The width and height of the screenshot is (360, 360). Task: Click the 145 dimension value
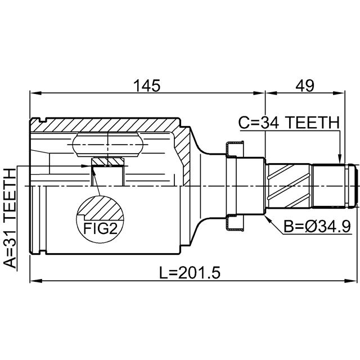(x=147, y=85)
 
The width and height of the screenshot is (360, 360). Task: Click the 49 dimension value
(x=304, y=85)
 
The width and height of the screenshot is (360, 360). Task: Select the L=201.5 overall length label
(x=190, y=272)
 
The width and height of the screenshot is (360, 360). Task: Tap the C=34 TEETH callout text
(x=289, y=123)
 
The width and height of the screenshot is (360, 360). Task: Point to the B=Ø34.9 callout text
(x=317, y=226)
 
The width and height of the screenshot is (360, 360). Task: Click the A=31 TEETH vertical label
(x=10, y=218)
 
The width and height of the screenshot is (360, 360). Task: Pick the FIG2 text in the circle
(x=100, y=228)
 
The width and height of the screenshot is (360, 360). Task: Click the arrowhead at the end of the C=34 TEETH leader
(x=340, y=159)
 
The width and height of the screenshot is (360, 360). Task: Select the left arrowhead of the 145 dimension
(x=36, y=93)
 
